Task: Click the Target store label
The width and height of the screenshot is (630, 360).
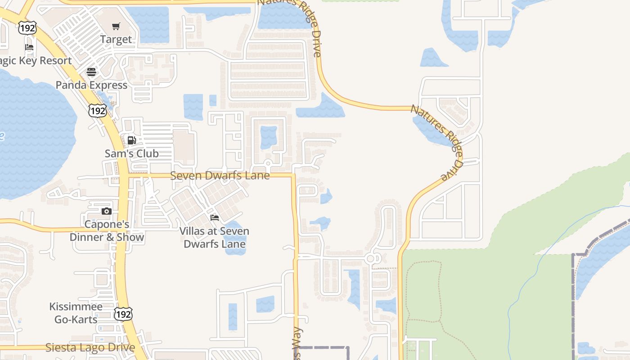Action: tap(116, 40)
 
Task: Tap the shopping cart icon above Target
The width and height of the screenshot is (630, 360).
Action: tap(116, 27)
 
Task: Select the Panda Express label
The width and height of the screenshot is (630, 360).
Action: tap(91, 85)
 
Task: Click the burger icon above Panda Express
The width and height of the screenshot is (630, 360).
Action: tap(91, 72)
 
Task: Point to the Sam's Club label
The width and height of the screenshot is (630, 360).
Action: tap(131, 153)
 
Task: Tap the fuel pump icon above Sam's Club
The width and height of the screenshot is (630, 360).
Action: tap(131, 140)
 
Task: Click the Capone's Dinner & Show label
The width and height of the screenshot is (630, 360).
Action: tap(107, 230)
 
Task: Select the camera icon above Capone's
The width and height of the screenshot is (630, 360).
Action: tap(106, 211)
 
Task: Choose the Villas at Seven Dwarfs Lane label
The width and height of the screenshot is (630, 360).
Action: tap(215, 238)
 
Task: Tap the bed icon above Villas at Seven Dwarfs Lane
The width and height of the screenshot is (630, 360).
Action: tap(215, 218)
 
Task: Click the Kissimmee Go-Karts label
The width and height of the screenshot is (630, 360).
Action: tap(76, 313)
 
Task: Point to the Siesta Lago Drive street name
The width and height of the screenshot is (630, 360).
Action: tap(90, 347)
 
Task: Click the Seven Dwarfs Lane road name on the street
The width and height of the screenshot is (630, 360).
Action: tap(220, 175)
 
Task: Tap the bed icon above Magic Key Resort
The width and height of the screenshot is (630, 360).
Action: tap(29, 47)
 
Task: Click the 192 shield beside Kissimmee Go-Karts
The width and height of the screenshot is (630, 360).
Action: tap(123, 314)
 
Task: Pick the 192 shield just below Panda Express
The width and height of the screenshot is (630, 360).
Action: tap(98, 110)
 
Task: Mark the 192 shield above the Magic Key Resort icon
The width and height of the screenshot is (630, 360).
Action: tap(27, 28)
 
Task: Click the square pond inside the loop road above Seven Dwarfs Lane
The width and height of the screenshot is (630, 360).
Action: tap(269, 137)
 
